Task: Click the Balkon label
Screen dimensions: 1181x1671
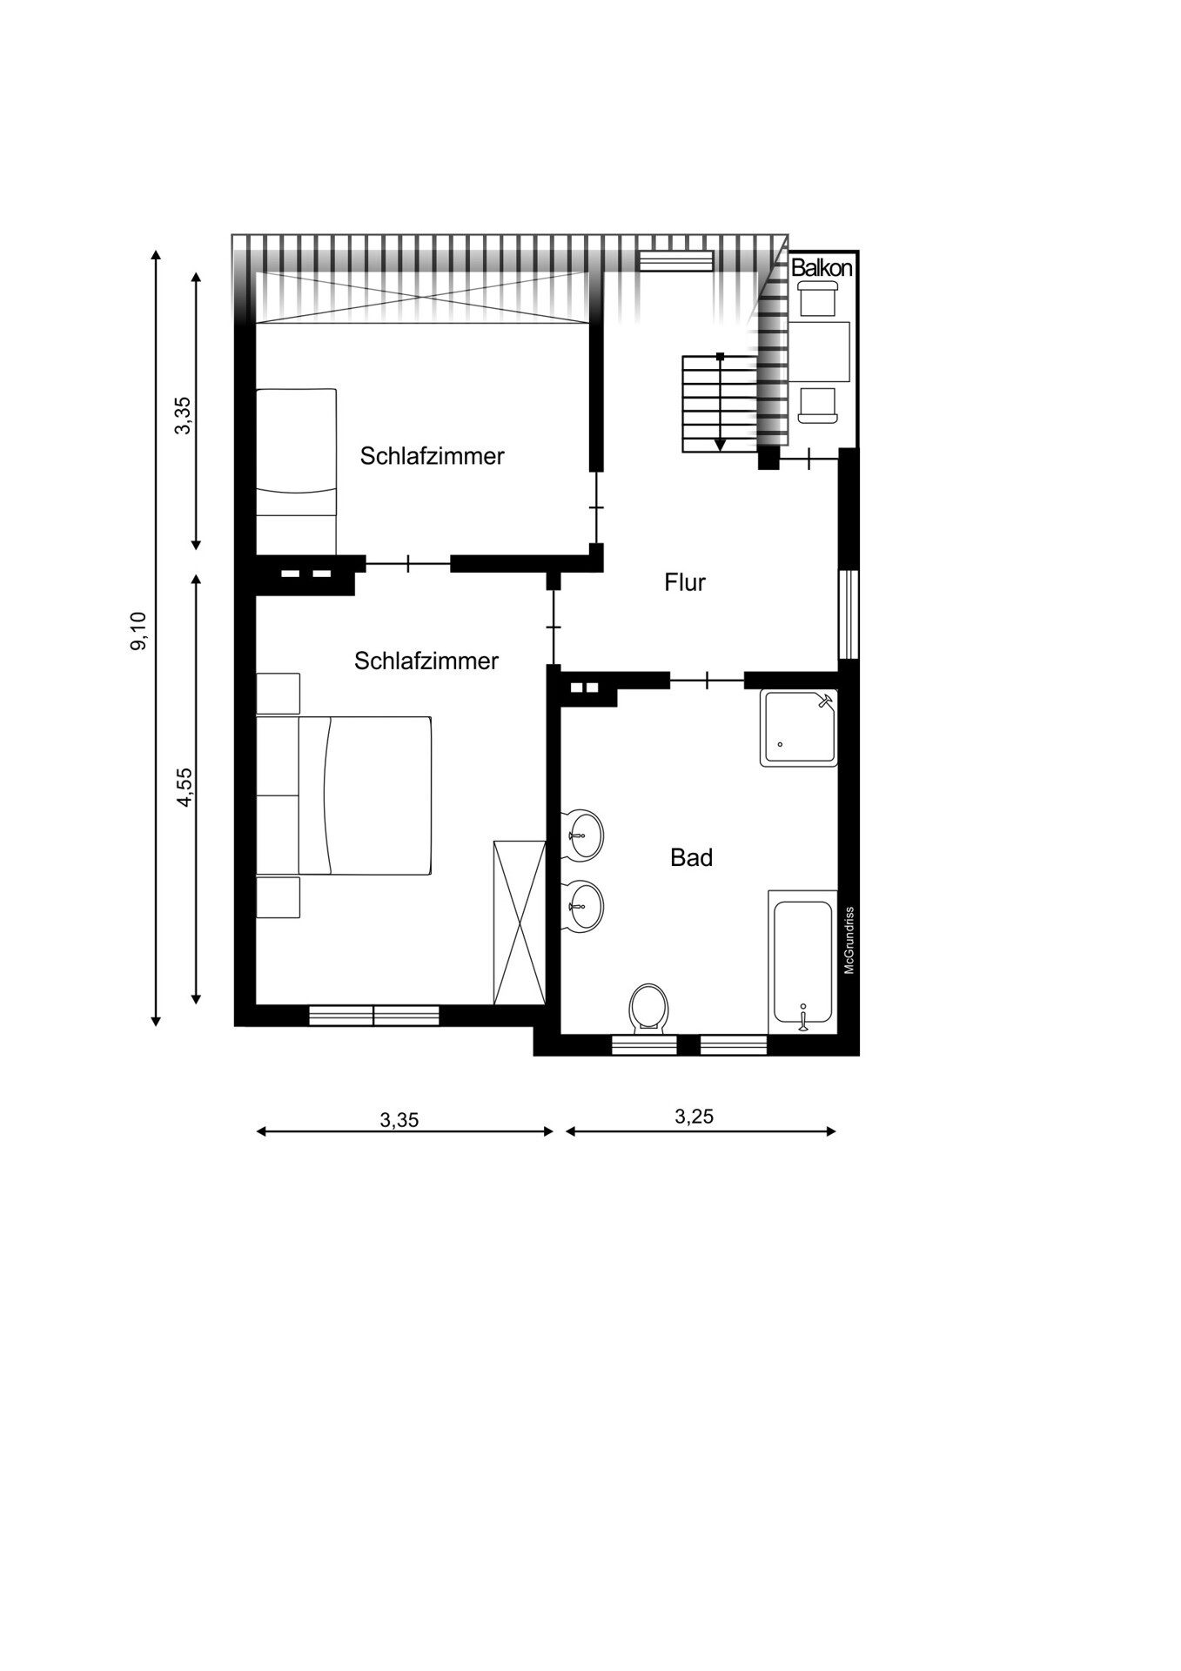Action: pyautogui.click(x=822, y=268)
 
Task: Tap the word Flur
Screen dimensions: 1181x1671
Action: pyautogui.click(x=685, y=582)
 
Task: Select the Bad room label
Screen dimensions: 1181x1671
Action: pyautogui.click(x=692, y=858)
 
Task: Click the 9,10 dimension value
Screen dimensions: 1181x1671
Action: pyautogui.click(x=139, y=631)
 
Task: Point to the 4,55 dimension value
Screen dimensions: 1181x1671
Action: pyautogui.click(x=185, y=788)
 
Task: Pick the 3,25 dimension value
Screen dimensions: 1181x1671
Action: pyautogui.click(x=695, y=1117)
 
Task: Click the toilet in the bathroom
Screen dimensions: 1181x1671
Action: pyautogui.click(x=648, y=1009)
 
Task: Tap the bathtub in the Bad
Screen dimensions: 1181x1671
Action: pyautogui.click(x=802, y=963)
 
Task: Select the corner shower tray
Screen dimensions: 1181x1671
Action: pyautogui.click(x=799, y=728)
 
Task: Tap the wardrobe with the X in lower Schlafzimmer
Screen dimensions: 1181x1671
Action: pyautogui.click(x=520, y=923)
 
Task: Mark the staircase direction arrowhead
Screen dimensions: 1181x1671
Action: pyautogui.click(x=720, y=445)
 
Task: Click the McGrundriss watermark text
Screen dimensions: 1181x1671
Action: pyautogui.click(x=849, y=941)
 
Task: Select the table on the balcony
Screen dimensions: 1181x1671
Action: pyautogui.click(x=819, y=352)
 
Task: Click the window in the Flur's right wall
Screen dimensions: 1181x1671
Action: pyautogui.click(x=849, y=614)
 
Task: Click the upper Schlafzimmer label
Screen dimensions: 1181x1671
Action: pyautogui.click(x=433, y=456)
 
